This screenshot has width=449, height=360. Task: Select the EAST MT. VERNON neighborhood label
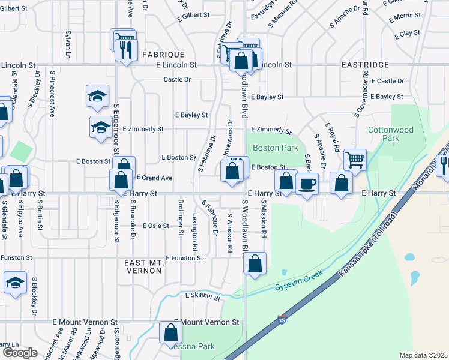143,267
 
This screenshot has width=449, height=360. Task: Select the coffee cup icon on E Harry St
307,183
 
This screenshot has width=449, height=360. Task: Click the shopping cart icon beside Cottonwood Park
355,160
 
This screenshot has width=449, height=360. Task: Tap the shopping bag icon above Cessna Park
170,331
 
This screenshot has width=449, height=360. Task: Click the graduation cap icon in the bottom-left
15,282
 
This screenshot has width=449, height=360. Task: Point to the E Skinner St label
203,296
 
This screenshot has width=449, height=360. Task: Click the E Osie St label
155,226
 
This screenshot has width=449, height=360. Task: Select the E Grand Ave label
154,178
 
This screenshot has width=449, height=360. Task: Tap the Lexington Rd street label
195,231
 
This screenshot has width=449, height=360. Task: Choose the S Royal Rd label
332,137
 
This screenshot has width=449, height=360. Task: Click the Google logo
20,353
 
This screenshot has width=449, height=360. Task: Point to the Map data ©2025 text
423,355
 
